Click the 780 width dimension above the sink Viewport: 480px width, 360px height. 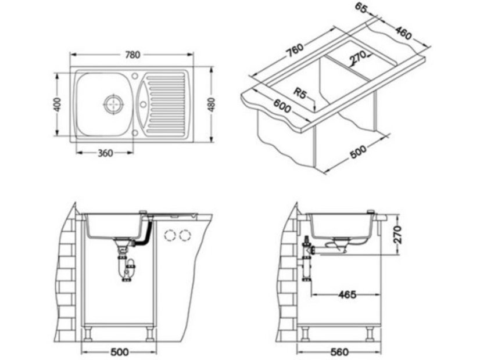click(x=132, y=55)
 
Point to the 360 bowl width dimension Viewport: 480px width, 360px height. click(x=105, y=153)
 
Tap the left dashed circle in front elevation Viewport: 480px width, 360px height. click(x=170, y=236)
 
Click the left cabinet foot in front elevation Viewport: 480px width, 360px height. click(x=89, y=332)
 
